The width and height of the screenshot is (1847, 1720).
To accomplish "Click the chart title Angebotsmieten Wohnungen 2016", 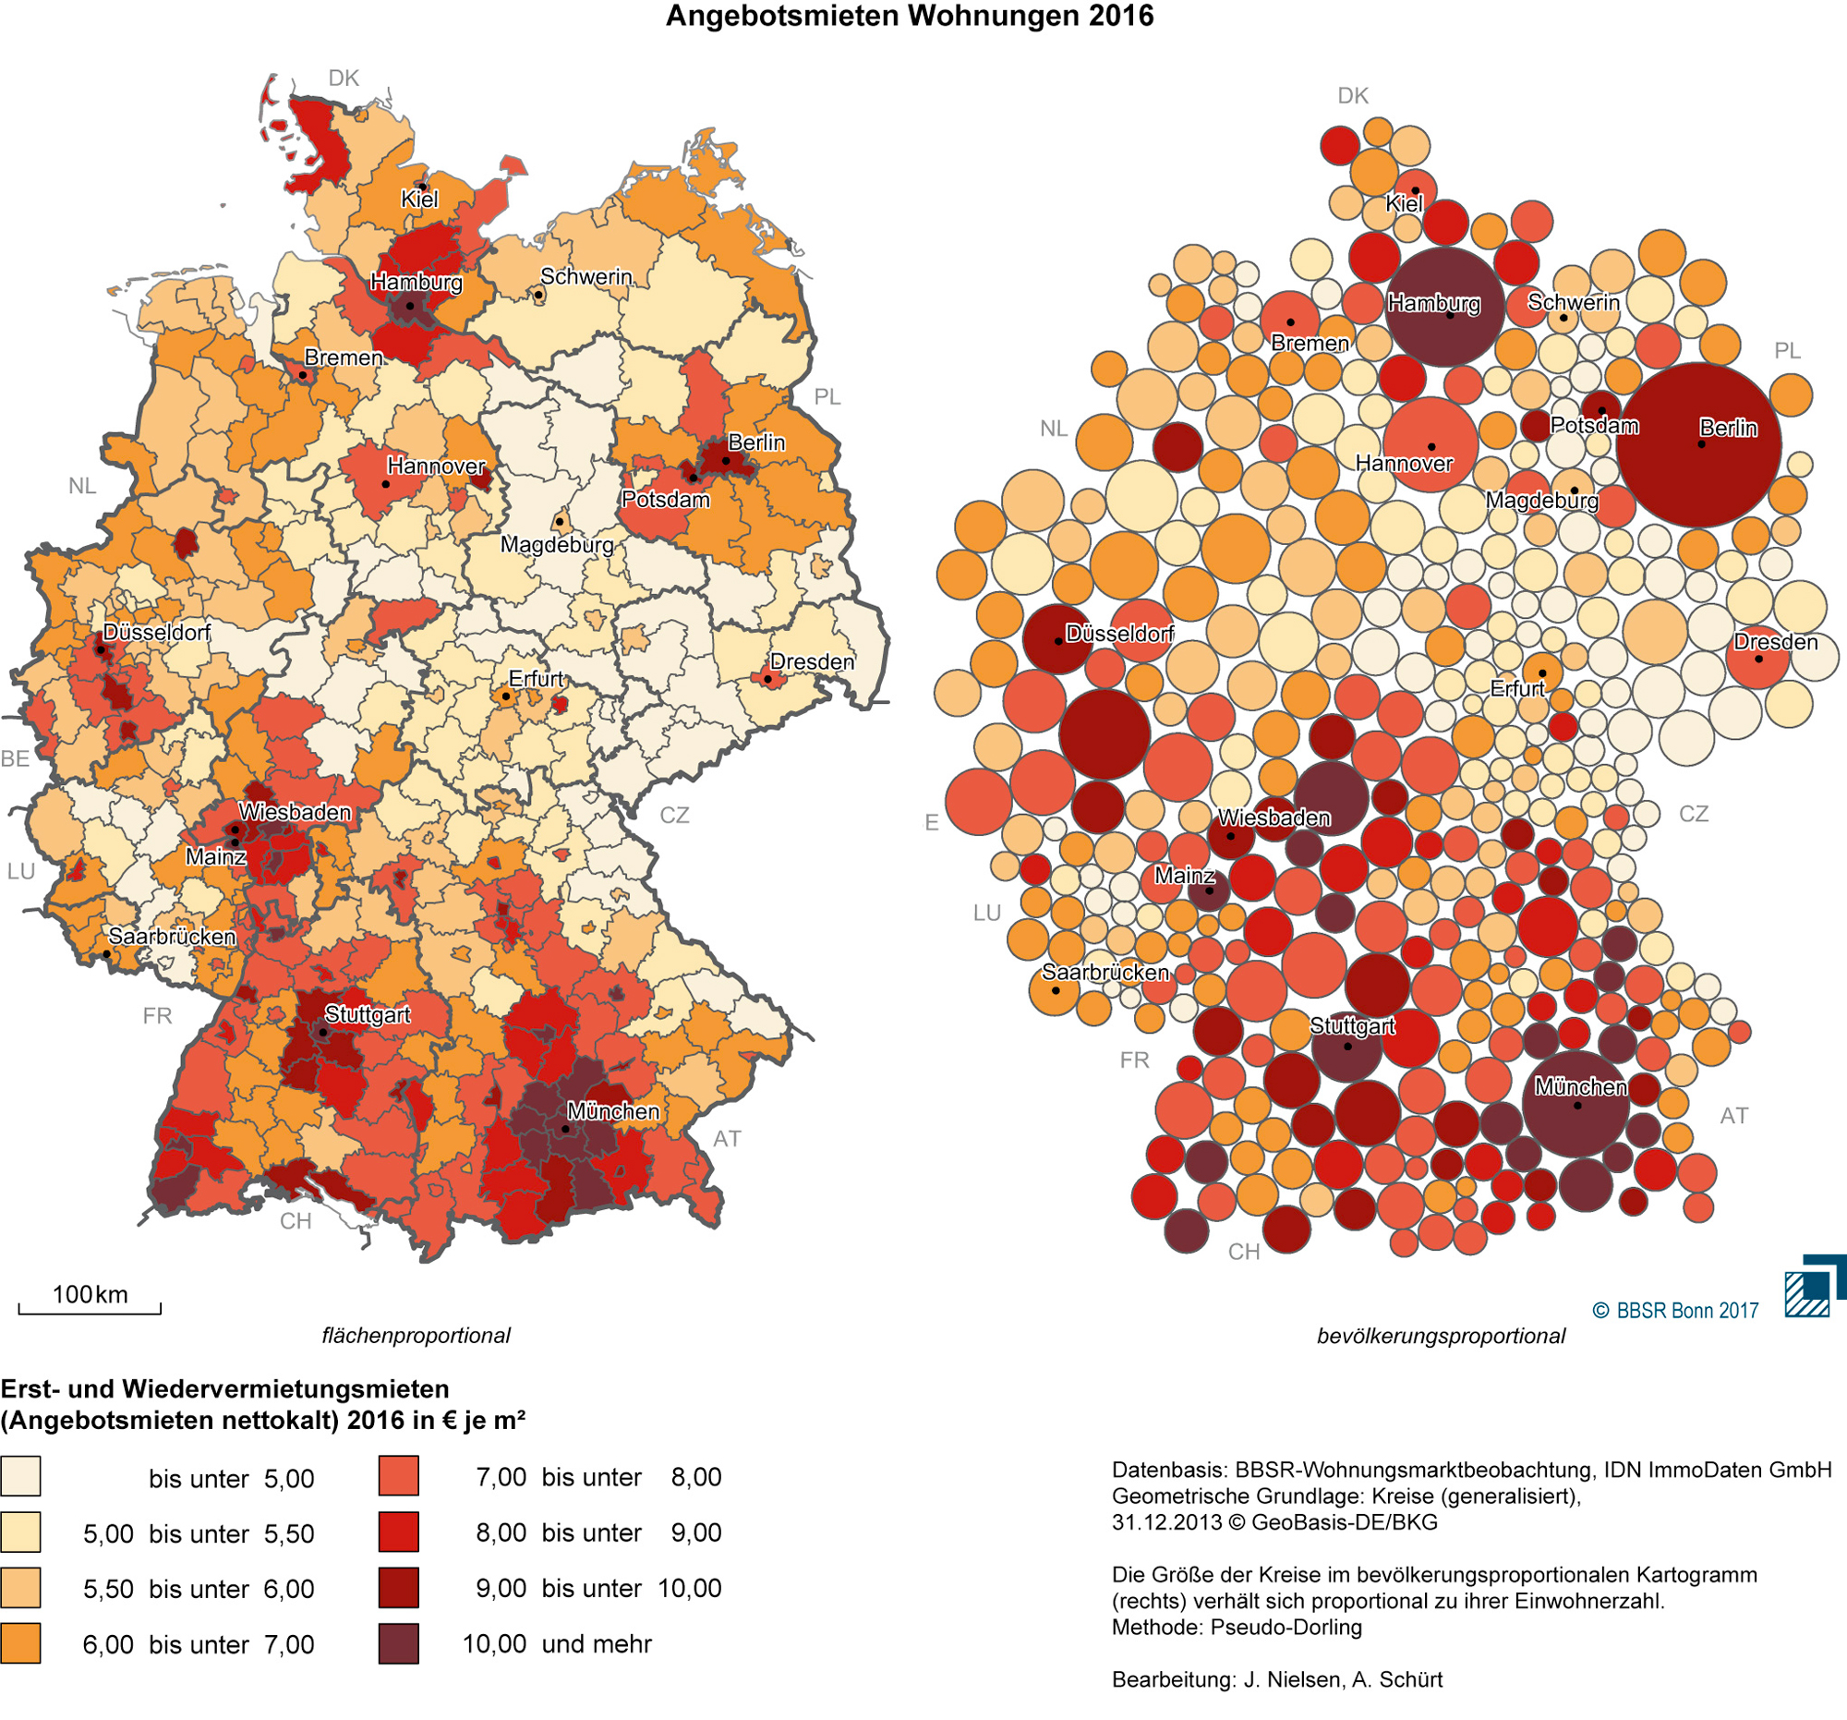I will (x=910, y=16).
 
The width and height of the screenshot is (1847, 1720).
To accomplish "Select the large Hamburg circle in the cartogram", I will (x=1443, y=308).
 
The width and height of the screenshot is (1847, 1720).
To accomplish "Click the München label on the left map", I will (x=613, y=1111).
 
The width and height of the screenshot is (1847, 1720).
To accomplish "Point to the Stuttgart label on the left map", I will (x=367, y=1014).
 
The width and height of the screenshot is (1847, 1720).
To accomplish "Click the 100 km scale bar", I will (x=90, y=1305).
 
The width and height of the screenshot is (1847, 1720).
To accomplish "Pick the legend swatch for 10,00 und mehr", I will (x=399, y=1644).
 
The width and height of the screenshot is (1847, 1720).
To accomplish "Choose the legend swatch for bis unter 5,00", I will (x=20, y=1477).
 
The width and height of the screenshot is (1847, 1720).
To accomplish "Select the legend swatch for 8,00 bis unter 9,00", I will (x=399, y=1532).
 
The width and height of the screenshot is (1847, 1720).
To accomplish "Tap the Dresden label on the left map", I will (x=811, y=661).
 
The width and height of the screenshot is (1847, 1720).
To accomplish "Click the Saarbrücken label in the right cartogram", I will (x=1105, y=972).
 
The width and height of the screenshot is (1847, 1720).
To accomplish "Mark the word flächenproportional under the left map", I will (x=416, y=1336).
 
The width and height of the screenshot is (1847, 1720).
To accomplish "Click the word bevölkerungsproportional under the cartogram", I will (x=1440, y=1337).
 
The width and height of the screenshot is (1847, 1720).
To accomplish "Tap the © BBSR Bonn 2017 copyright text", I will (x=1675, y=1310).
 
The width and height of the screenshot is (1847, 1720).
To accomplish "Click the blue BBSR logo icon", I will (x=1813, y=1287).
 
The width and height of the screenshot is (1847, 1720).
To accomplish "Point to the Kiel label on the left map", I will (x=419, y=199).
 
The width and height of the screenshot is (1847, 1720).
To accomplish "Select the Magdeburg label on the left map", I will (x=557, y=544).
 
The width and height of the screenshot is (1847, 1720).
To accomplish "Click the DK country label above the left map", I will (x=343, y=78).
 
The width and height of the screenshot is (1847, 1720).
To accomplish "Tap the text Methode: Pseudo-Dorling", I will (x=1236, y=1627).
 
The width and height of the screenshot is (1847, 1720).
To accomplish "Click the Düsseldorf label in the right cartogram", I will (x=1118, y=634).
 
